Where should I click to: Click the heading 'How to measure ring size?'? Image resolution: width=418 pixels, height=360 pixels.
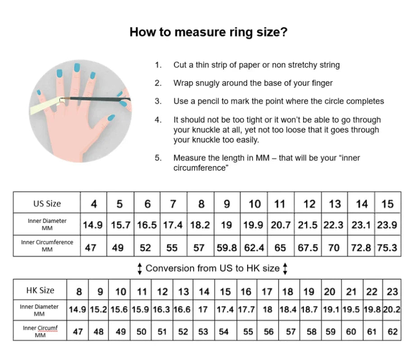208,32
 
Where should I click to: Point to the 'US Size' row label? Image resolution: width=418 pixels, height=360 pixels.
47,203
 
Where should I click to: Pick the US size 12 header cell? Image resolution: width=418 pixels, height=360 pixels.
309,204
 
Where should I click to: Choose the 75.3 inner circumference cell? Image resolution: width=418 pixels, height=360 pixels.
387,247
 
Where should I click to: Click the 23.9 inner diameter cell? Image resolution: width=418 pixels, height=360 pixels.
387,225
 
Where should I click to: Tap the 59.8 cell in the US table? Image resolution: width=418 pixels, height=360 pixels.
227,247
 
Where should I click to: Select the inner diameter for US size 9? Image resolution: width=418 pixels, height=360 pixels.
227,225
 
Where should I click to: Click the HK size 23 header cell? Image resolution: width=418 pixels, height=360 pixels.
392,291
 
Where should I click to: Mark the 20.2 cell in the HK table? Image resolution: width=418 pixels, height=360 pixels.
392,310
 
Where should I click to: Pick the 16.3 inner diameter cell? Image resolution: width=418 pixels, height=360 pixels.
162,310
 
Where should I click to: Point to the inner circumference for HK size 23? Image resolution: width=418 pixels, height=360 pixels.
392,332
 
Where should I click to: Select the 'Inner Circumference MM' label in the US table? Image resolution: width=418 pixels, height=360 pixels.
47,246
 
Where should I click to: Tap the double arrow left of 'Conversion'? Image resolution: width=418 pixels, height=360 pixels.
140,269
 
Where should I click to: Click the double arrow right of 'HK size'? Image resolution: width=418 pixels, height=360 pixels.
285,269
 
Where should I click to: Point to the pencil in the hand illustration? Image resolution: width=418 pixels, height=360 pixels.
95,99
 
